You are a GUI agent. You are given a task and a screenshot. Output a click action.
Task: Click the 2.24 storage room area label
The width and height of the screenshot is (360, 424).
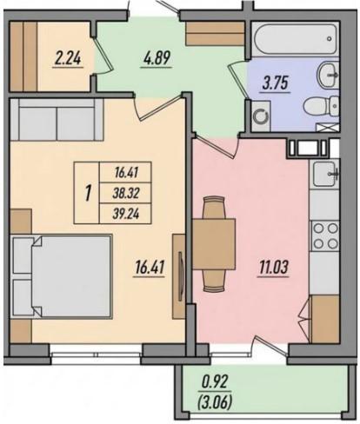click(68, 59)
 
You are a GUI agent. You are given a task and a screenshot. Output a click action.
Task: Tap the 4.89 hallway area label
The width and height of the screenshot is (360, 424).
click(157, 59)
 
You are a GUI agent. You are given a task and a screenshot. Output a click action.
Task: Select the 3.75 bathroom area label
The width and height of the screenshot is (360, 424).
click(275, 83)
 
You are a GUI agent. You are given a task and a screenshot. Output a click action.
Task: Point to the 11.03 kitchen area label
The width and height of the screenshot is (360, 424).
click(274, 268)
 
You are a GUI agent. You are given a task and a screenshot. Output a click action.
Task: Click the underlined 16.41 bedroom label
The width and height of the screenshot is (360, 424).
click(150, 268)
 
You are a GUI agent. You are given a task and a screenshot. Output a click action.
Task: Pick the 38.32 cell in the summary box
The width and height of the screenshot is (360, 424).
click(125, 193)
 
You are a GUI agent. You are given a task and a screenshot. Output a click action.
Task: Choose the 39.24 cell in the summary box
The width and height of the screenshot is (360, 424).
click(125, 214)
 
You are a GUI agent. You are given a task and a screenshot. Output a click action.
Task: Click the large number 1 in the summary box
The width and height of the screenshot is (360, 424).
click(88, 193)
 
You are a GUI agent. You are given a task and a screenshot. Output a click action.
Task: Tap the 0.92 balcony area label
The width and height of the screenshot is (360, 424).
click(215, 383)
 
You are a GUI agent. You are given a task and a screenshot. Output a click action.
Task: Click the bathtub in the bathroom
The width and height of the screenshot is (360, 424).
click(294, 39)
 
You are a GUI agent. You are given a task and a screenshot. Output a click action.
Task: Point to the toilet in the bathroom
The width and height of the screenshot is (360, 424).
click(321, 106)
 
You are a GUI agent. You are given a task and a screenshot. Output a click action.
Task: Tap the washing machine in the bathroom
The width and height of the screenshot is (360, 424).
click(261, 116)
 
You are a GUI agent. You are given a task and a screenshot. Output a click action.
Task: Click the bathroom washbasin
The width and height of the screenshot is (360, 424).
click(329, 75)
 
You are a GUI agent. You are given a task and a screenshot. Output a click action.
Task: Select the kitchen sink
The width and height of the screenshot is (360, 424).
click(325, 174)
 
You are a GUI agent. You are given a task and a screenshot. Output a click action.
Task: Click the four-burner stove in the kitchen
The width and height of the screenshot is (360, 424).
click(325, 235)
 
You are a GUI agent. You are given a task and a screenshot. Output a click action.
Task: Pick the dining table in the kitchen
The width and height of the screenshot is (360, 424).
click(214, 244)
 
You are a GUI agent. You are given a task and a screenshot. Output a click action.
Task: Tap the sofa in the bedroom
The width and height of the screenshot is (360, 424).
click(57, 120)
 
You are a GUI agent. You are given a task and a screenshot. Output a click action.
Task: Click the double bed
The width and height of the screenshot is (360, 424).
click(62, 276)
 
